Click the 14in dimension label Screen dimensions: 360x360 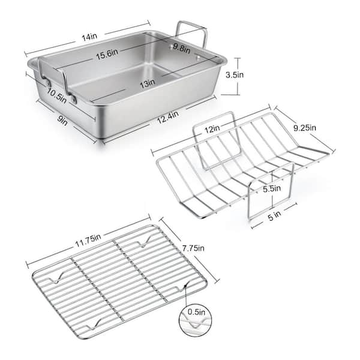click(90, 37)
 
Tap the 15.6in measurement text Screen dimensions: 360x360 click(107, 55)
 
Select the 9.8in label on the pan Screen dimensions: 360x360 click(182, 48)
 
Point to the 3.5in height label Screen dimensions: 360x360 click(235, 75)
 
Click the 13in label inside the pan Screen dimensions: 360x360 click(148, 83)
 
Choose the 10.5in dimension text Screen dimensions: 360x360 click(57, 95)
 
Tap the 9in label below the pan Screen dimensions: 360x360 click(62, 120)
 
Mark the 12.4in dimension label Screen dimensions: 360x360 click(168, 118)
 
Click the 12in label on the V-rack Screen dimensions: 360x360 click(212, 129)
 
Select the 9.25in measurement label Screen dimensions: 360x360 click(305, 128)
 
